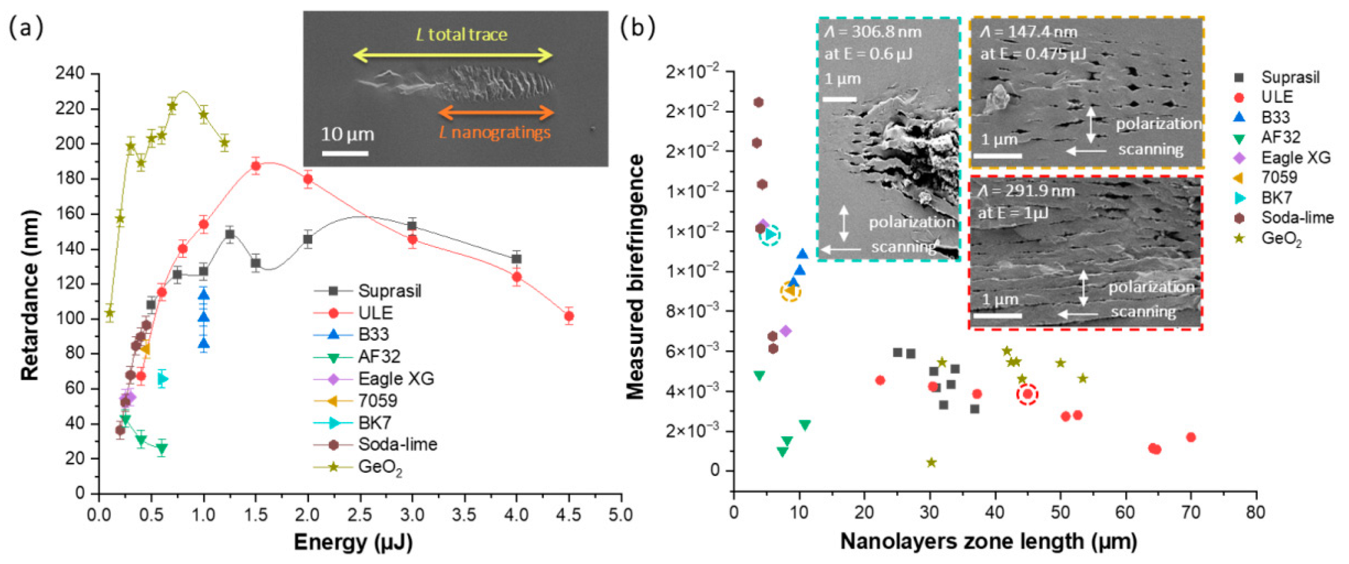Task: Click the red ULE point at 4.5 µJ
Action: point(569,316)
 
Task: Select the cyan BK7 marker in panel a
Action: point(163,378)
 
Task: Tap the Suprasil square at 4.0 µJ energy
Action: point(516,259)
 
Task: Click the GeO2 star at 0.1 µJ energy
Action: point(109,313)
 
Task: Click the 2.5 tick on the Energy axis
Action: point(360,515)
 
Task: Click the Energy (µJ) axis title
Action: point(353,542)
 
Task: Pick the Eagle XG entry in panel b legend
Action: point(1295,158)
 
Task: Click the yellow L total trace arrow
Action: point(453,55)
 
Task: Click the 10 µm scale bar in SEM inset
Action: point(345,153)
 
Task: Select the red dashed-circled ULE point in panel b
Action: point(1028,394)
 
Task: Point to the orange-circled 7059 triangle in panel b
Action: point(790,291)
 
